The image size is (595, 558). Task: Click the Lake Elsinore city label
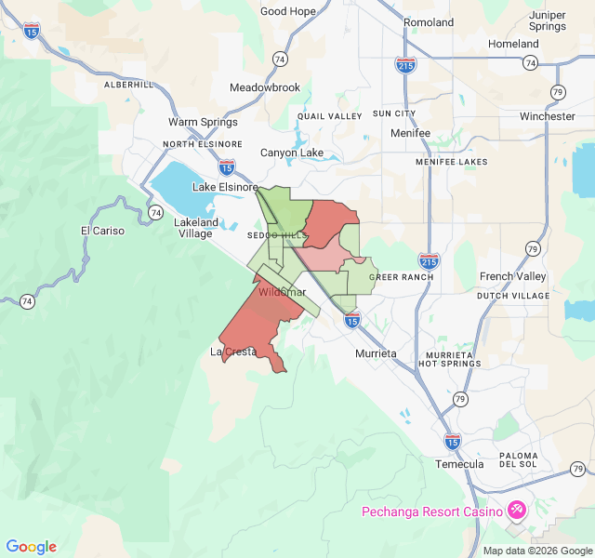click(224, 187)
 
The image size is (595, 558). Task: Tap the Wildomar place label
click(282, 292)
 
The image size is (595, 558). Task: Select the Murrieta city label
click(376, 354)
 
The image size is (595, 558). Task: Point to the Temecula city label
click(459, 464)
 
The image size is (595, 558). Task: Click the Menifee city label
click(410, 133)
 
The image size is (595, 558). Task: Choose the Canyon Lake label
click(291, 153)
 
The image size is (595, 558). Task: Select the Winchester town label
click(548, 116)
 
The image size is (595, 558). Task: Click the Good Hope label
click(288, 11)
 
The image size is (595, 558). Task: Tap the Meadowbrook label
click(265, 87)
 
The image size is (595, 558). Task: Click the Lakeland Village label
click(197, 228)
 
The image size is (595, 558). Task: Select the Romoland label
click(429, 22)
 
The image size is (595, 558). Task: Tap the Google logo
click(32, 547)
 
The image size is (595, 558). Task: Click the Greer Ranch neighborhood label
click(402, 277)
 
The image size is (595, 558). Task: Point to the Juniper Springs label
click(547, 20)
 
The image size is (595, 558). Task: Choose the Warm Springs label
click(203, 122)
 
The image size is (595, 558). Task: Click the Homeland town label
click(513, 44)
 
